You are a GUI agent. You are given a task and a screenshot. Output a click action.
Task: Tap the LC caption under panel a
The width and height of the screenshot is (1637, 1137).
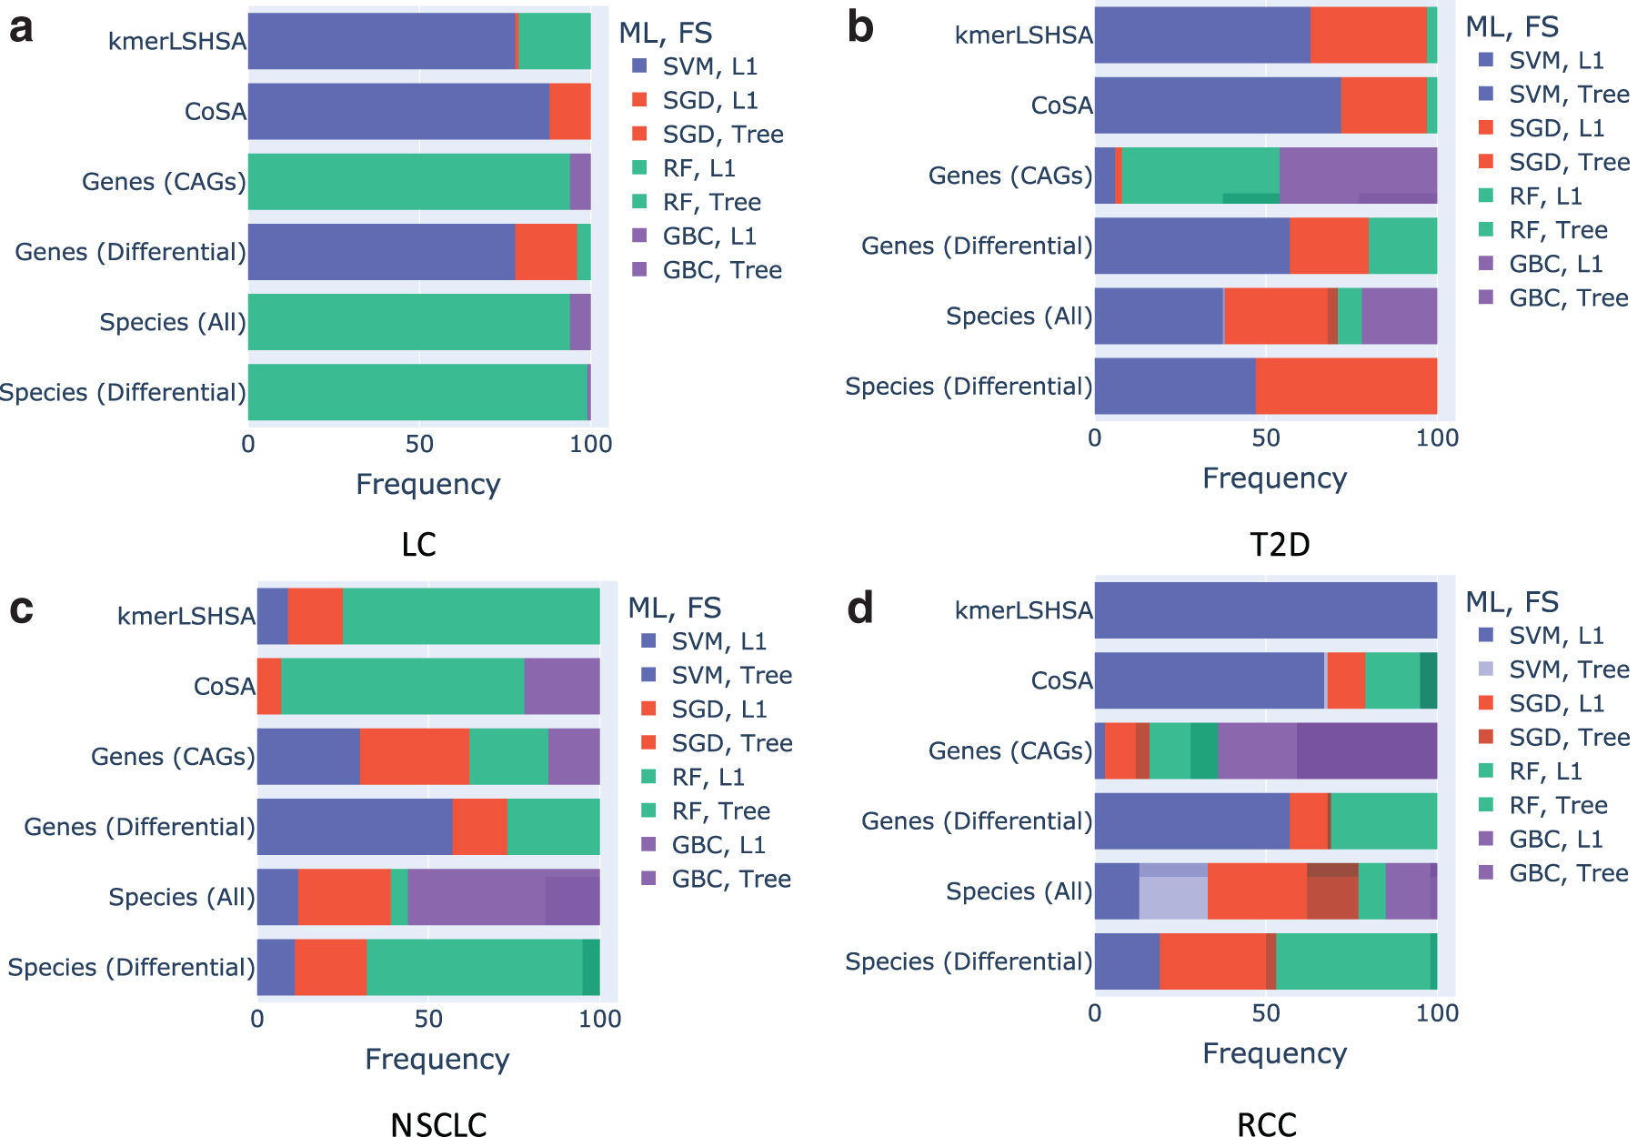(418, 545)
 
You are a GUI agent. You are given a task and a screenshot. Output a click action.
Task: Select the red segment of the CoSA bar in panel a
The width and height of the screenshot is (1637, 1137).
(569, 111)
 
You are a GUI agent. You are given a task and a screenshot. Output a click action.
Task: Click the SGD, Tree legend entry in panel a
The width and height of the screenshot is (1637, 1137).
(708, 135)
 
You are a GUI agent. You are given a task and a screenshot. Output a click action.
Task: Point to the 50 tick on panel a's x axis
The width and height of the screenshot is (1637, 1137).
(419, 444)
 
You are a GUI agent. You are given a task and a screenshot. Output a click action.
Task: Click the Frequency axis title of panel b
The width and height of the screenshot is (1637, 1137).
(1274, 478)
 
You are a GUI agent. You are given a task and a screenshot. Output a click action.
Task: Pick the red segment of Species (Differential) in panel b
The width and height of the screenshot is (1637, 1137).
(1346, 386)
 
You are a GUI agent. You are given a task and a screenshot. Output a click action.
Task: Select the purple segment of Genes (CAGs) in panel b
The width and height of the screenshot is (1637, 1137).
(1358, 176)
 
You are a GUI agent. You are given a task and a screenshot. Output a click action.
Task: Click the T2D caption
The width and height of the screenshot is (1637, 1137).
(1280, 545)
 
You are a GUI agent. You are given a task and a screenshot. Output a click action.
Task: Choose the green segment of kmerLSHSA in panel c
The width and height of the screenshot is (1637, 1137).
(471, 616)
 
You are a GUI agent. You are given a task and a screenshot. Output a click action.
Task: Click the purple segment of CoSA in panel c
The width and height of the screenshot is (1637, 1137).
(562, 686)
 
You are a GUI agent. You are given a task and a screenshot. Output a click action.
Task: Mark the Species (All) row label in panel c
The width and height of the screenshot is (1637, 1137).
(182, 897)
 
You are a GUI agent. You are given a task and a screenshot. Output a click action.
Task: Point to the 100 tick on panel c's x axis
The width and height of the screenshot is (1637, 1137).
(600, 1019)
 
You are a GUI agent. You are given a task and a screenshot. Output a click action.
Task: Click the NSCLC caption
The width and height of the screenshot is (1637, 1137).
(438, 1124)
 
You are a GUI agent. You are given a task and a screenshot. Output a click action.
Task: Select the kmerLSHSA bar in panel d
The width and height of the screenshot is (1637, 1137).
(1266, 610)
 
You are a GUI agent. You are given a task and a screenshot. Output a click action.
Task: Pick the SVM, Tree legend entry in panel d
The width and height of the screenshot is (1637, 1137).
(1554, 669)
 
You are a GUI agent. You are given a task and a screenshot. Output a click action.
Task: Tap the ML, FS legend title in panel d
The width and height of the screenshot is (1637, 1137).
(1512, 602)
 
